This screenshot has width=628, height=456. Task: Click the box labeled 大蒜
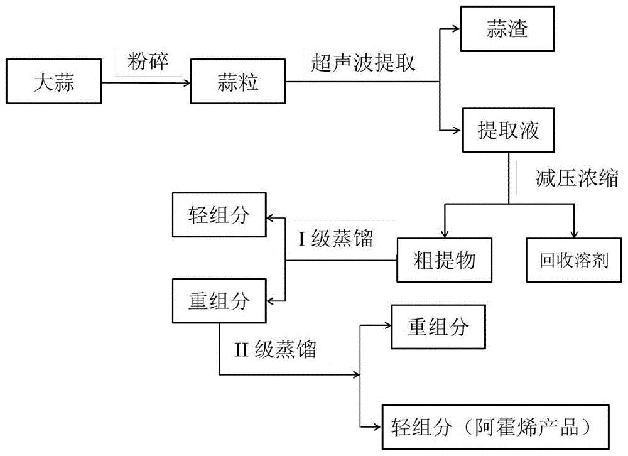(x=53, y=82)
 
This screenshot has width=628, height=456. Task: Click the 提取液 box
(x=510, y=131)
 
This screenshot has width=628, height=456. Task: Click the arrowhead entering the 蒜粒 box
(x=187, y=82)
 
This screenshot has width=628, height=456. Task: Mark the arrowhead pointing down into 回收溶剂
(x=574, y=233)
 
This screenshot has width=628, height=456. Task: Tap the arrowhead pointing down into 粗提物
(x=445, y=233)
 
